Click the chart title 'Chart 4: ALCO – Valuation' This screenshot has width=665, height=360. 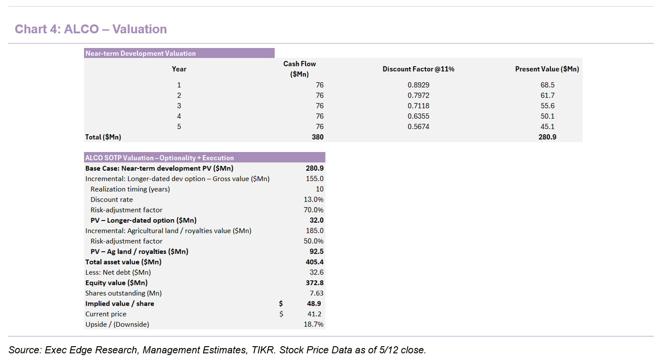coord(91,29)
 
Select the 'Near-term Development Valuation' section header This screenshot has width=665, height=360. coord(140,53)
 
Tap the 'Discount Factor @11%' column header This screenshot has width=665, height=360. coord(418,69)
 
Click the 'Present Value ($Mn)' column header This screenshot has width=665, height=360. coord(547,69)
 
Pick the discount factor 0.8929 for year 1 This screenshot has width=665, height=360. coord(418,85)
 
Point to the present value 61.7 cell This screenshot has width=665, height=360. coord(548,96)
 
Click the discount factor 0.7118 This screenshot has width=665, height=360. coord(418,106)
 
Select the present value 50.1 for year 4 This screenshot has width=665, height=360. coord(548,116)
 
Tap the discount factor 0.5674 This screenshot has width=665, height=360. coord(418,127)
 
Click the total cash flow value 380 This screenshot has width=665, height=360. coord(318,137)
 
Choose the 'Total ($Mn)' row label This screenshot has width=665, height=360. coord(103,137)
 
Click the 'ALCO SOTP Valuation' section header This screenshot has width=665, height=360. coord(160,158)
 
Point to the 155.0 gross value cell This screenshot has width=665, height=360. coord(315,179)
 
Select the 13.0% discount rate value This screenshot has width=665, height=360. coord(313,200)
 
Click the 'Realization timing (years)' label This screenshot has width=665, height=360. coord(130,189)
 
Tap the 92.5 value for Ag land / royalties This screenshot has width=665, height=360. coord(316,252)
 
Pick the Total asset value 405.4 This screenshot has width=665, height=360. coord(315,262)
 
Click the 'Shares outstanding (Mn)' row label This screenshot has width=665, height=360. coord(124,293)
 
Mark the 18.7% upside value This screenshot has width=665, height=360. coord(313,324)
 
